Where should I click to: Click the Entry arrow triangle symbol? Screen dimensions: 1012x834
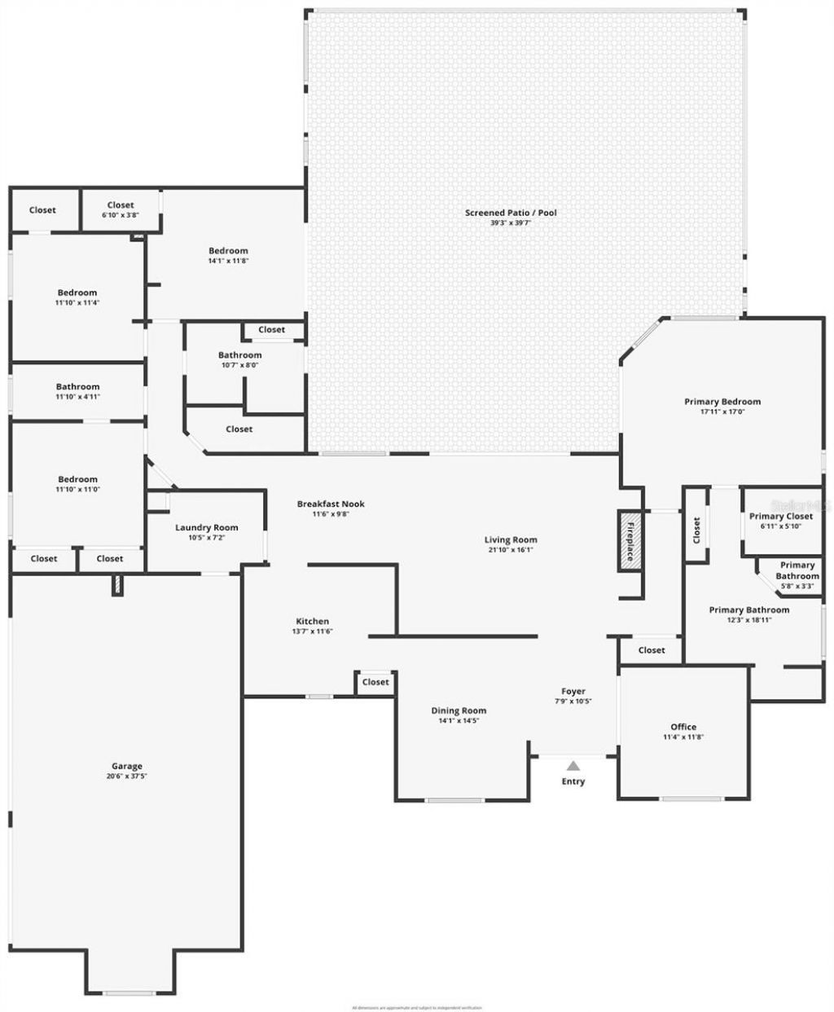point(573,765)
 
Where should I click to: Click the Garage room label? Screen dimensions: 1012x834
point(127,766)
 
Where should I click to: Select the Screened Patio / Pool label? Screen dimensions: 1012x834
point(511,213)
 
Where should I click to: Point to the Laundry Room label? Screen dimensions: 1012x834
point(206,527)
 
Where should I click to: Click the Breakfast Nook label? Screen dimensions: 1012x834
point(331,504)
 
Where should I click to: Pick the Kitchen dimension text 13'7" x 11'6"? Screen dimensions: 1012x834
point(313,631)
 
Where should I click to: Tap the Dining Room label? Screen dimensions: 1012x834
point(459,711)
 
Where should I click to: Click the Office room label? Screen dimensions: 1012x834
point(683,727)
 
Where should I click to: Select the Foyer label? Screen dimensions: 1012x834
point(573,691)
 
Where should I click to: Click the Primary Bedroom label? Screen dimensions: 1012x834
point(722,401)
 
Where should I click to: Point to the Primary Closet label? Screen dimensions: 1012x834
point(781,516)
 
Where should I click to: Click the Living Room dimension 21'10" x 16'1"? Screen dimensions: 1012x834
point(511,550)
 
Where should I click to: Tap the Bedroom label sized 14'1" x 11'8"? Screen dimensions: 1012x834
point(228,251)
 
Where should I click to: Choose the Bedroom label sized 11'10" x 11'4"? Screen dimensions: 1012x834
point(77,293)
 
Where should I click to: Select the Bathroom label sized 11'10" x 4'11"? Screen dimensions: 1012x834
point(77,387)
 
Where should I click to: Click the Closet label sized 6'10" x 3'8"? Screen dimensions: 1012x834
point(121,205)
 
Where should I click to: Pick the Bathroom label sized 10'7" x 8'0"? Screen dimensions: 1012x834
point(239,355)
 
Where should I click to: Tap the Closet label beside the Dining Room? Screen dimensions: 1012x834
point(375,682)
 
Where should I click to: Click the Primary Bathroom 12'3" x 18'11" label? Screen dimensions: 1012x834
point(748,609)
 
